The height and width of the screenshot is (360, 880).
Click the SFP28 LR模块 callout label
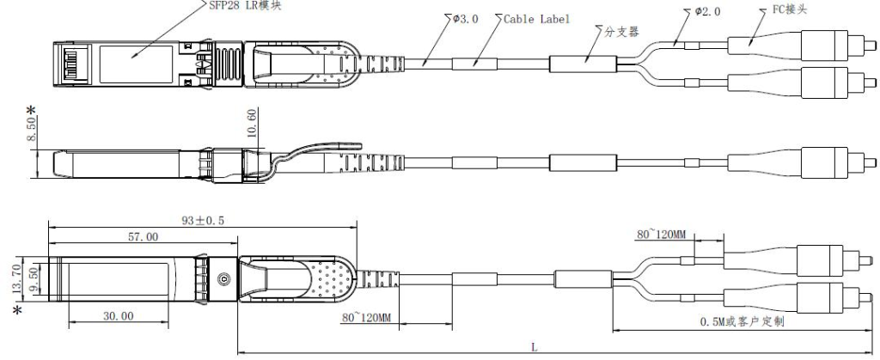click(245, 6)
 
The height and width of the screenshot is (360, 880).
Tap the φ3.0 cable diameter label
click(466, 19)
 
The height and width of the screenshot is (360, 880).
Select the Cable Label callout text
click(536, 19)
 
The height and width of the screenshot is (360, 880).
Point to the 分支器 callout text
click(621, 32)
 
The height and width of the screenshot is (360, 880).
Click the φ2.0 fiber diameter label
click(708, 11)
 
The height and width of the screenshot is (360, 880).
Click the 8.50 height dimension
click(32, 130)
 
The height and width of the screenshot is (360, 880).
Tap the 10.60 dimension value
click(252, 122)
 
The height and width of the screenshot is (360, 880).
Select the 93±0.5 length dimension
click(203, 220)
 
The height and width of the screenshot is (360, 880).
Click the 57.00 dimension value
click(144, 236)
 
